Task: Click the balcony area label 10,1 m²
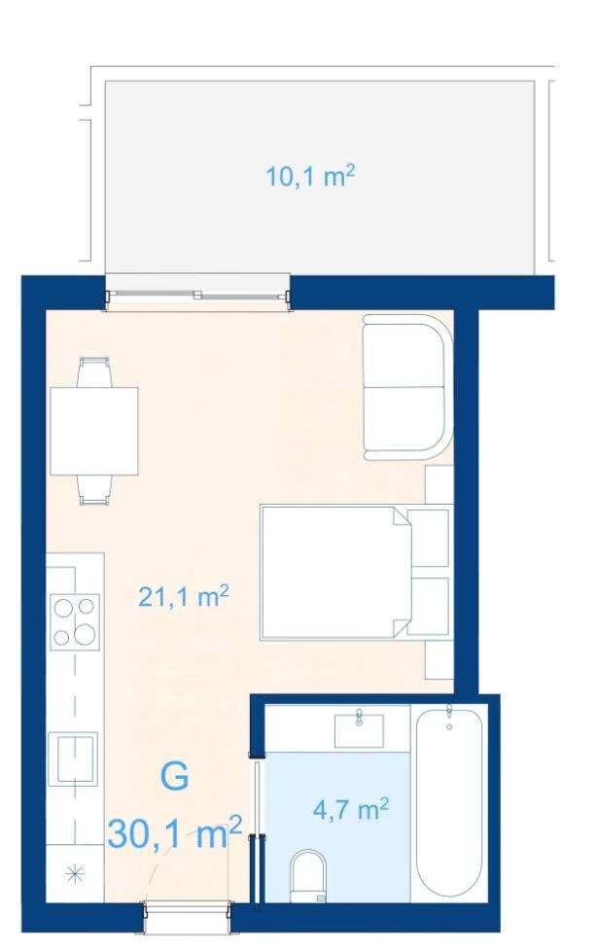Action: tap(310, 177)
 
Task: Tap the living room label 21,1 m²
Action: tap(183, 596)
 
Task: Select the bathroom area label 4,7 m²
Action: tap(351, 808)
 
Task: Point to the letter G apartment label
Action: tap(175, 777)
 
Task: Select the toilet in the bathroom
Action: tap(308, 876)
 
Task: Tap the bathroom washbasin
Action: tap(359, 730)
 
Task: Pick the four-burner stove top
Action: tap(75, 621)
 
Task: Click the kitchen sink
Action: tap(73, 758)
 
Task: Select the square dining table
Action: tap(94, 431)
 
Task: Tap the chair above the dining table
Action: tap(94, 371)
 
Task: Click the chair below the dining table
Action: tap(94, 490)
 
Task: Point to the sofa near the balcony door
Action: tap(408, 387)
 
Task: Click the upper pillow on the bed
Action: tap(428, 539)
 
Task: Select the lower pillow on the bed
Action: tap(428, 606)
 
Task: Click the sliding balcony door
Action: tap(197, 296)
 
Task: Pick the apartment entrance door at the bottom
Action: tap(187, 908)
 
